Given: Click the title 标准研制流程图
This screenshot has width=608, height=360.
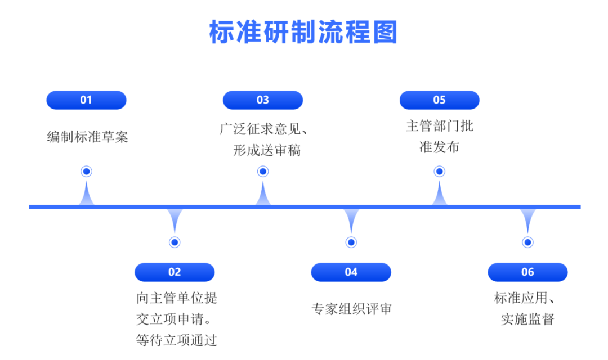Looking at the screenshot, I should (303, 32).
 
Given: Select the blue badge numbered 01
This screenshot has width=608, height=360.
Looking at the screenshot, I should (86, 100).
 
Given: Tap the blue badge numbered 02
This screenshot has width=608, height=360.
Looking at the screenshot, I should (175, 272).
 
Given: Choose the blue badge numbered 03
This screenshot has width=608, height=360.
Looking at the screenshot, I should (263, 100).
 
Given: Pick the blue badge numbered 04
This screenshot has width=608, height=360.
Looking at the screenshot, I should (351, 272).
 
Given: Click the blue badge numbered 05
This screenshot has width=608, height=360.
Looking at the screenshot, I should (439, 100).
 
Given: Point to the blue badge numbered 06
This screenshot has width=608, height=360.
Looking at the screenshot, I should (527, 272).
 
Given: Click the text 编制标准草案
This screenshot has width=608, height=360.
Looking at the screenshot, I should (87, 137).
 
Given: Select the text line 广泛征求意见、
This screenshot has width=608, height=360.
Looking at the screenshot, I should (263, 129).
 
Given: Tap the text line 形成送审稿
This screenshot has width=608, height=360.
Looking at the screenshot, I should (267, 151).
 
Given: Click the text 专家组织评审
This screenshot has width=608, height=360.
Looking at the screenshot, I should (351, 309).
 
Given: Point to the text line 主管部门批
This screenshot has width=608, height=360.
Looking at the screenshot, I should (439, 125).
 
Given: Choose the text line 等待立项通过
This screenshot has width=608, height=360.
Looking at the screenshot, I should (176, 340).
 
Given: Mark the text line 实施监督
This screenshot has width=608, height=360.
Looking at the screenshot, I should (527, 319).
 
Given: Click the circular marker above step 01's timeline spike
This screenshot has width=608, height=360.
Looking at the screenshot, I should (86, 172).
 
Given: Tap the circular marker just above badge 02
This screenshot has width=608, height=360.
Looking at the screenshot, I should (175, 242).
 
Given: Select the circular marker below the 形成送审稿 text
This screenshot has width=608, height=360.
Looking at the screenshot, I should (263, 172).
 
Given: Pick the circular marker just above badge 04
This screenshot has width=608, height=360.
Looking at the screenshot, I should (351, 242).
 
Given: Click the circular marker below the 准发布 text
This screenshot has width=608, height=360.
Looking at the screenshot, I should (439, 172).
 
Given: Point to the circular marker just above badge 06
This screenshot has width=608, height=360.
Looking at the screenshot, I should (527, 242).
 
